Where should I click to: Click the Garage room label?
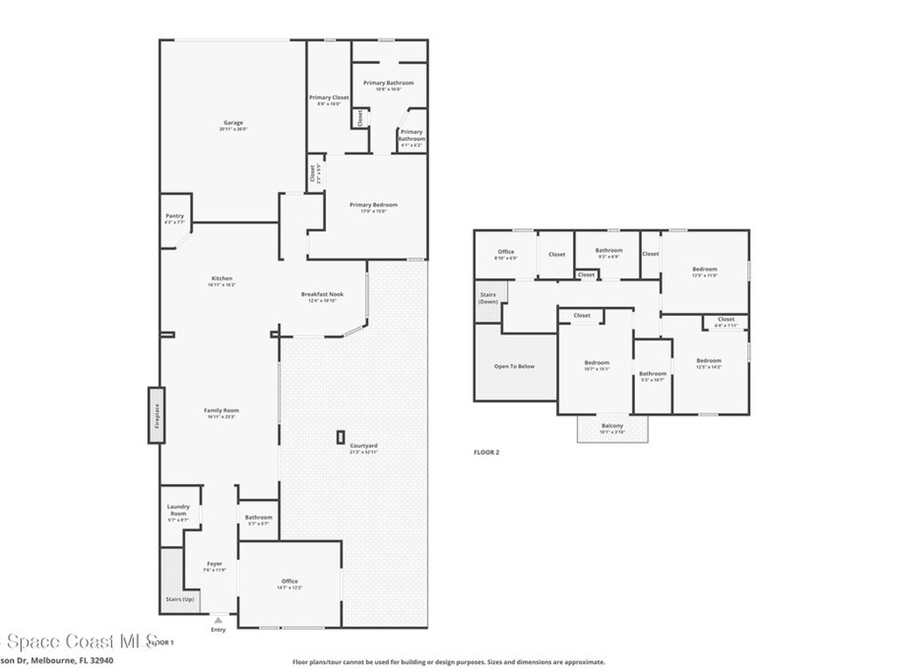click(x=232, y=125)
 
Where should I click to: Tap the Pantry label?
click(x=175, y=219)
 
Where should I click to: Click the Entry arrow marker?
click(x=218, y=620)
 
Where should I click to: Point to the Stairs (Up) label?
click(x=180, y=598)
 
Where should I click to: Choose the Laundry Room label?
click(x=178, y=513)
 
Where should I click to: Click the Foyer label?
click(x=215, y=566)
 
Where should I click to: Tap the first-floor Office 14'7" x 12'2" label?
click(x=290, y=584)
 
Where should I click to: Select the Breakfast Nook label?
click(x=322, y=297)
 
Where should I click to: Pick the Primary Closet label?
click(x=328, y=100)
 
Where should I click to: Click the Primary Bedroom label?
click(x=367, y=207)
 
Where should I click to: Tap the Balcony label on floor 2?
click(x=612, y=428)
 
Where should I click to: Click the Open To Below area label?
click(x=514, y=367)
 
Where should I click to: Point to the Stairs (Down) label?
click(x=488, y=297)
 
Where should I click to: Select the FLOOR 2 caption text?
click(x=486, y=452)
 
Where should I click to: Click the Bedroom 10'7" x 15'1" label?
click(x=597, y=365)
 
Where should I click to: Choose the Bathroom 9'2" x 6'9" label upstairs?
click(x=609, y=253)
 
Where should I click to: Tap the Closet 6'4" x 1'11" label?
click(x=726, y=321)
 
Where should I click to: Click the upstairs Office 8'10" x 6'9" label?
click(x=505, y=255)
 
